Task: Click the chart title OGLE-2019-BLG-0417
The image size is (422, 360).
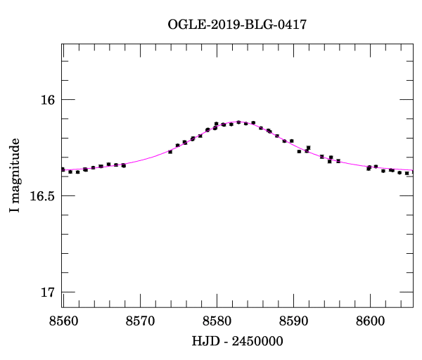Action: [237, 25]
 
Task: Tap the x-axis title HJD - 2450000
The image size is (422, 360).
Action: [237, 341]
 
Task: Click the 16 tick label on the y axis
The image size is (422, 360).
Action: [47, 100]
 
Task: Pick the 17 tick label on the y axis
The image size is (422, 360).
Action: [47, 292]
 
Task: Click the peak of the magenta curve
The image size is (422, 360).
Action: [239, 122]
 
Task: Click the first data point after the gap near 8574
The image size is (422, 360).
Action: [170, 152]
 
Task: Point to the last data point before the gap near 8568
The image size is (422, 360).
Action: [124, 165]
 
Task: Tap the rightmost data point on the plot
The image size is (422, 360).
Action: [412, 173]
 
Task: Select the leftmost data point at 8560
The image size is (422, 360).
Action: [63, 169]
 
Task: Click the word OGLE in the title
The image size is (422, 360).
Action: [184, 25]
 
